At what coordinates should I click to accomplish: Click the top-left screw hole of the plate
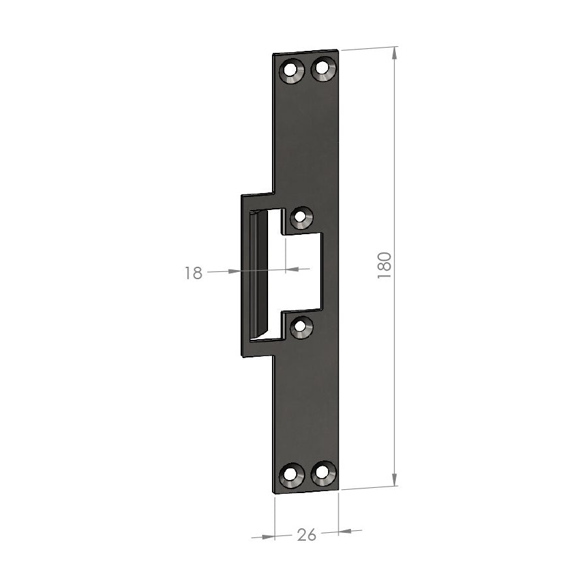point(292,70)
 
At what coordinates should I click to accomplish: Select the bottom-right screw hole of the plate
point(323,474)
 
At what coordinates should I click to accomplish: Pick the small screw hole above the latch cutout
point(301,217)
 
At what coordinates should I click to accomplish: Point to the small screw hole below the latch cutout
point(301,327)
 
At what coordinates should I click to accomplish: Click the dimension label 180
point(384,265)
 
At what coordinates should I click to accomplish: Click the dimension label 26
point(307,535)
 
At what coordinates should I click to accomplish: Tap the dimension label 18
point(193,273)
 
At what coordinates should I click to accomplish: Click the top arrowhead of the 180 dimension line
point(394,53)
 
